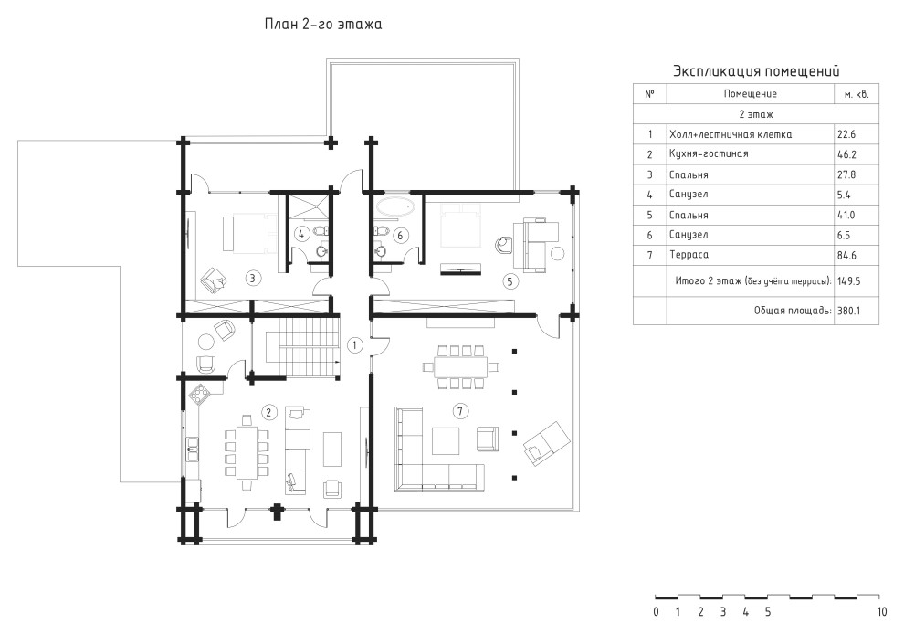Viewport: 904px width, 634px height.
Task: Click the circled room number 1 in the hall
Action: (354, 345)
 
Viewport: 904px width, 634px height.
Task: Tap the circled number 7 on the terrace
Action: (459, 411)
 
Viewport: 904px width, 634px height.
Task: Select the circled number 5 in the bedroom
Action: (510, 281)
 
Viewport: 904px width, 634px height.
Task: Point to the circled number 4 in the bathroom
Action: (301, 234)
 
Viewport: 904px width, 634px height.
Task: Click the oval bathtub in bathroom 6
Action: (394, 206)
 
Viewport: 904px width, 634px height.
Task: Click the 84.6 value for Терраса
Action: (846, 255)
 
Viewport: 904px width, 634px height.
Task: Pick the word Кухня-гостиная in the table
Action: (709, 154)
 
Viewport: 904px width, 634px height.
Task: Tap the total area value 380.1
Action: (848, 311)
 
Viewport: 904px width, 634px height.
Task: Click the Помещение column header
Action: (750, 93)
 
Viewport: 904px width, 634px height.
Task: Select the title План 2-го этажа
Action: (323, 25)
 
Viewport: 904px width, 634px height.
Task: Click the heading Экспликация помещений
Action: (756, 71)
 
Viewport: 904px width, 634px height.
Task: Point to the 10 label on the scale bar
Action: (882, 611)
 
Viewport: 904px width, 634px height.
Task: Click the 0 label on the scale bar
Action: (657, 611)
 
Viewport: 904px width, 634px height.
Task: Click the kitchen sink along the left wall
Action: (192, 449)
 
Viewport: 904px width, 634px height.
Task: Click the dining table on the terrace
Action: (455, 366)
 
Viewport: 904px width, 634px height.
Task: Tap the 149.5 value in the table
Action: (848, 281)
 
